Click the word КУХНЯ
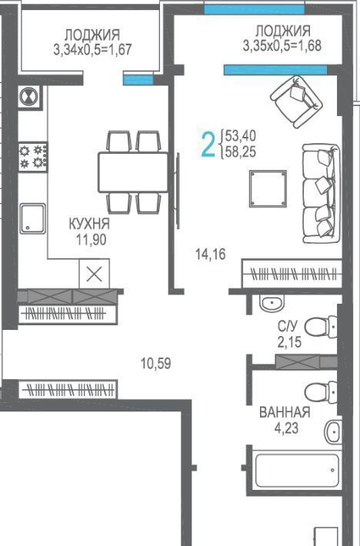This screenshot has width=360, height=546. click(x=89, y=224)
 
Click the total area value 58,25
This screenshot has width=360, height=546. click(x=241, y=151)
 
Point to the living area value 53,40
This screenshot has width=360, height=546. click(x=241, y=135)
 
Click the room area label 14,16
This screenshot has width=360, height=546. click(x=211, y=255)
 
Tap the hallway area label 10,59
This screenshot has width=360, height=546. click(x=156, y=364)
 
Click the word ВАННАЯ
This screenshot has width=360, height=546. click(x=285, y=412)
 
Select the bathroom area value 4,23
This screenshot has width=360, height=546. click(x=286, y=428)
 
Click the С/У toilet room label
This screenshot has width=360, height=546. click(x=288, y=326)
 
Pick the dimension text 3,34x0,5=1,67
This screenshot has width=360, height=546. click(x=92, y=49)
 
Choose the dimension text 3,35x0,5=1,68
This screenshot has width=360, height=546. click(x=282, y=45)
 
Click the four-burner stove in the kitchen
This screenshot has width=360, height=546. click(x=33, y=156)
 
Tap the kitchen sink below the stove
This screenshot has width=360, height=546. click(x=33, y=218)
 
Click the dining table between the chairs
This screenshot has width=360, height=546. click(x=133, y=172)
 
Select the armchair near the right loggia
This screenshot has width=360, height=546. click(x=297, y=102)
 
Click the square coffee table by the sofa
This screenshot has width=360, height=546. click(x=268, y=188)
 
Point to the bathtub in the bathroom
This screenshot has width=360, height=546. click(x=296, y=470)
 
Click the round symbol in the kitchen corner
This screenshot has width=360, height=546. click(x=29, y=96)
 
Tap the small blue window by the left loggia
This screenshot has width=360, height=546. click(x=138, y=80)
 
